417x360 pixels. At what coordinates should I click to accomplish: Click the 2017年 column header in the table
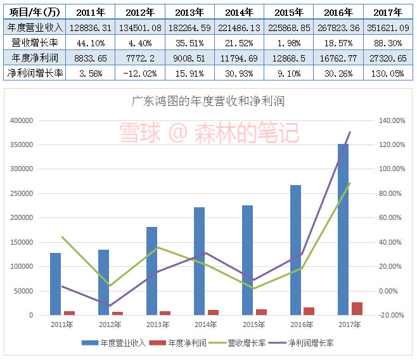point(388,12)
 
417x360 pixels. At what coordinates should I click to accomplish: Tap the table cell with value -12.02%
point(140,72)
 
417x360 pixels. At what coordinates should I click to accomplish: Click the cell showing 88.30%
point(388,42)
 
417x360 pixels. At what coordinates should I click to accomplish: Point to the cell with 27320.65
point(388,58)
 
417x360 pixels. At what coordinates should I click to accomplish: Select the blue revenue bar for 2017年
point(343,229)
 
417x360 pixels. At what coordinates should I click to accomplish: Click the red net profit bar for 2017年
point(357,308)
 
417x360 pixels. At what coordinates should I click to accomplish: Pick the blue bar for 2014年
point(199,260)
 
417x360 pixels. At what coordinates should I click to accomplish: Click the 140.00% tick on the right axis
point(391,120)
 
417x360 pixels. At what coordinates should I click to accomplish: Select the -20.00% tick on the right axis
point(391,315)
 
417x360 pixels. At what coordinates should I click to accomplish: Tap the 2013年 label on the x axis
point(158,325)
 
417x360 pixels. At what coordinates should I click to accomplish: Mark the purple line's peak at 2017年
point(350,132)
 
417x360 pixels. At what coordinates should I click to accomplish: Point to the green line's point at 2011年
point(62,237)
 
